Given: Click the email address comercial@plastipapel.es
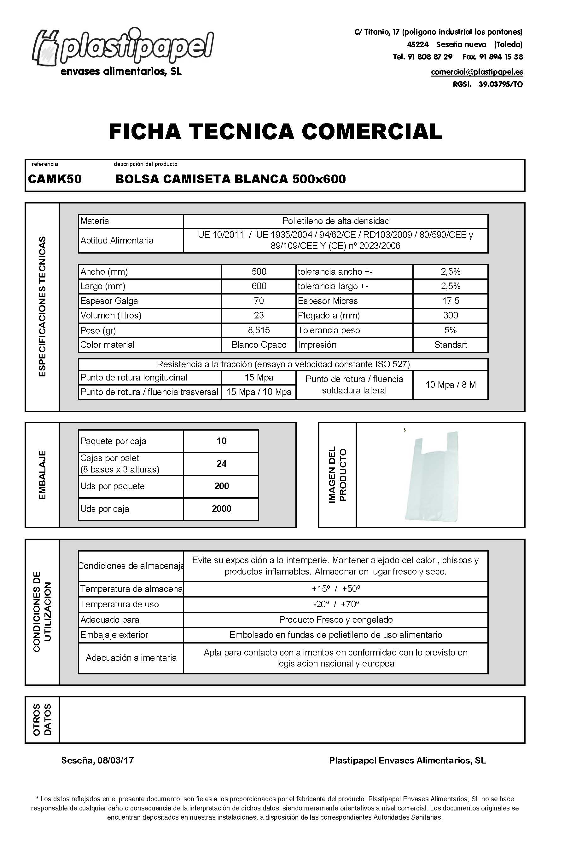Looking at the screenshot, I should (x=477, y=72).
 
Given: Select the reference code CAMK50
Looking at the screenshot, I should (x=55, y=179).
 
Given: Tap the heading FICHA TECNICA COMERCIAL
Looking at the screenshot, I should (x=276, y=132).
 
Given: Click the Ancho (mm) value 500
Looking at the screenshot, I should (x=259, y=272).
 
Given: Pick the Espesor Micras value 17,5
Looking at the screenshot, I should (x=451, y=301).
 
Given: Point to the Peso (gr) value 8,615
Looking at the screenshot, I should (x=259, y=330).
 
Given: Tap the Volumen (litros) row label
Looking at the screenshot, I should (x=111, y=315).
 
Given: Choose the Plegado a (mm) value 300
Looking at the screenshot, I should (x=451, y=315).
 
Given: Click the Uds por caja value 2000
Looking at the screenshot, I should (x=221, y=509).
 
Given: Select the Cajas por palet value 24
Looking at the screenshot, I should (x=221, y=464).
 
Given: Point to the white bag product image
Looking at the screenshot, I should (x=432, y=476).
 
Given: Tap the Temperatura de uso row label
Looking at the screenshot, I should (x=120, y=604).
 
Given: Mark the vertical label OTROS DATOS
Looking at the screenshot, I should (x=42, y=720).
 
